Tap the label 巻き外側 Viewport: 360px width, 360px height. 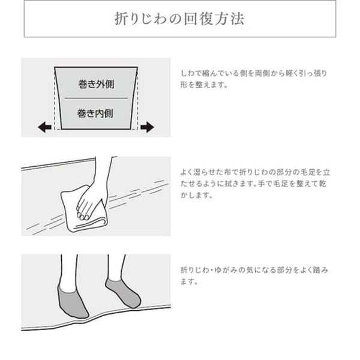(96, 83)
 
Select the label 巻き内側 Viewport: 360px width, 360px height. (96, 112)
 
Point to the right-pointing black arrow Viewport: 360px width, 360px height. (147, 127)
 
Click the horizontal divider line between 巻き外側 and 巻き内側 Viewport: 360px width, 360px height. (96, 98)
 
